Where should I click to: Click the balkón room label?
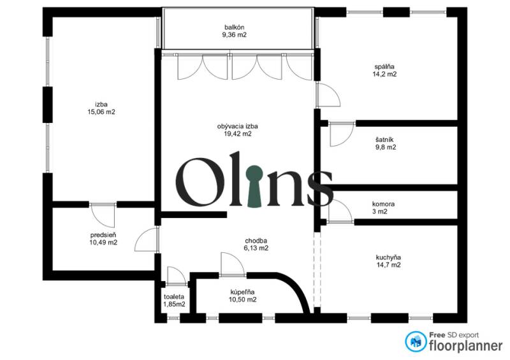[x=234, y=27]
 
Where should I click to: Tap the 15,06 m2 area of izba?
[x=101, y=112]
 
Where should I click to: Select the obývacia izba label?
[x=237, y=126]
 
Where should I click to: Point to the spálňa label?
[x=384, y=67]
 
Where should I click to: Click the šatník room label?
[x=384, y=140]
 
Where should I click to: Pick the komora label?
[x=384, y=205]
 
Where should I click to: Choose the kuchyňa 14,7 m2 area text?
[x=388, y=264]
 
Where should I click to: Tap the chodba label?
[x=256, y=241]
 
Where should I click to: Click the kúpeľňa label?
[x=243, y=292]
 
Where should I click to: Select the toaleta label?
[x=174, y=297]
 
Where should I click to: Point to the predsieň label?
[x=103, y=235]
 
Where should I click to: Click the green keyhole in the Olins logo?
[x=254, y=186]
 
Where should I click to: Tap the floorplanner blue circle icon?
[x=416, y=342]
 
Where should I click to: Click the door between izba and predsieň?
[x=103, y=215]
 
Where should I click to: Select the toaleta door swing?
[x=176, y=276]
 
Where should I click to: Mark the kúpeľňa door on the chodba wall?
[x=233, y=264]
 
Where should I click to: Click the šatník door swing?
[x=342, y=134]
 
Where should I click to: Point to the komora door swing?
[x=340, y=212]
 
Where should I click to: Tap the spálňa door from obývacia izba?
[x=328, y=95]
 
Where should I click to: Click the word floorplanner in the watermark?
[x=466, y=346]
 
